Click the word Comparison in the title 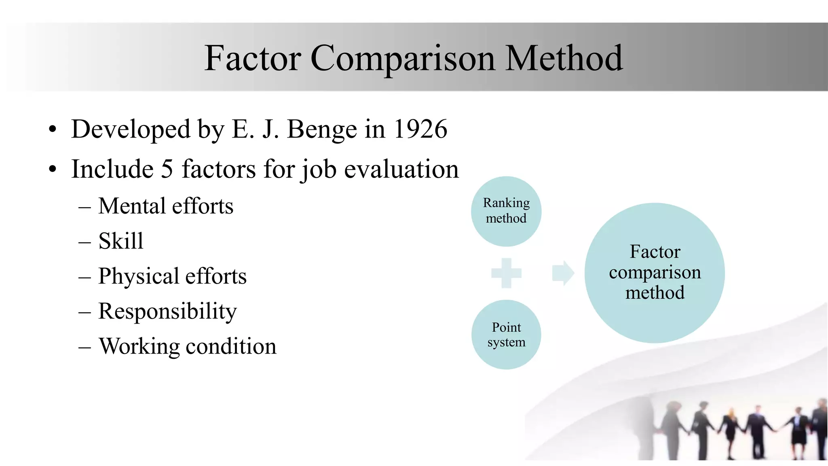click(403, 59)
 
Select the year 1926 click(420, 129)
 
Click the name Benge click(322, 129)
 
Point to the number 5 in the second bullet click(167, 169)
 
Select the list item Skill click(121, 241)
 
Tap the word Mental click(131, 206)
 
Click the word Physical click(139, 276)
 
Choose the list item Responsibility click(167, 311)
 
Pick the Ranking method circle click(506, 211)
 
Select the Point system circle click(506, 335)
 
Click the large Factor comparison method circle click(655, 273)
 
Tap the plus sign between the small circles click(506, 273)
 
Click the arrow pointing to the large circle click(563, 273)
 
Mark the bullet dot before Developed click(52, 130)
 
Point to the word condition click(231, 347)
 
